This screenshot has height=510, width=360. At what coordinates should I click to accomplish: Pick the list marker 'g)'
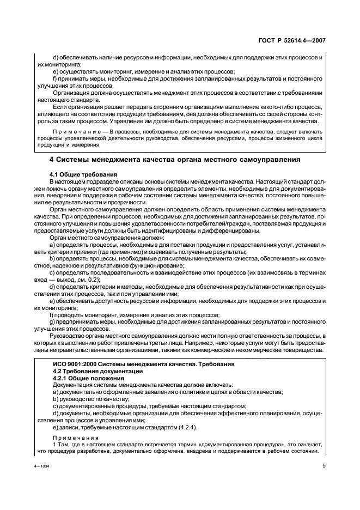(52, 322)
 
